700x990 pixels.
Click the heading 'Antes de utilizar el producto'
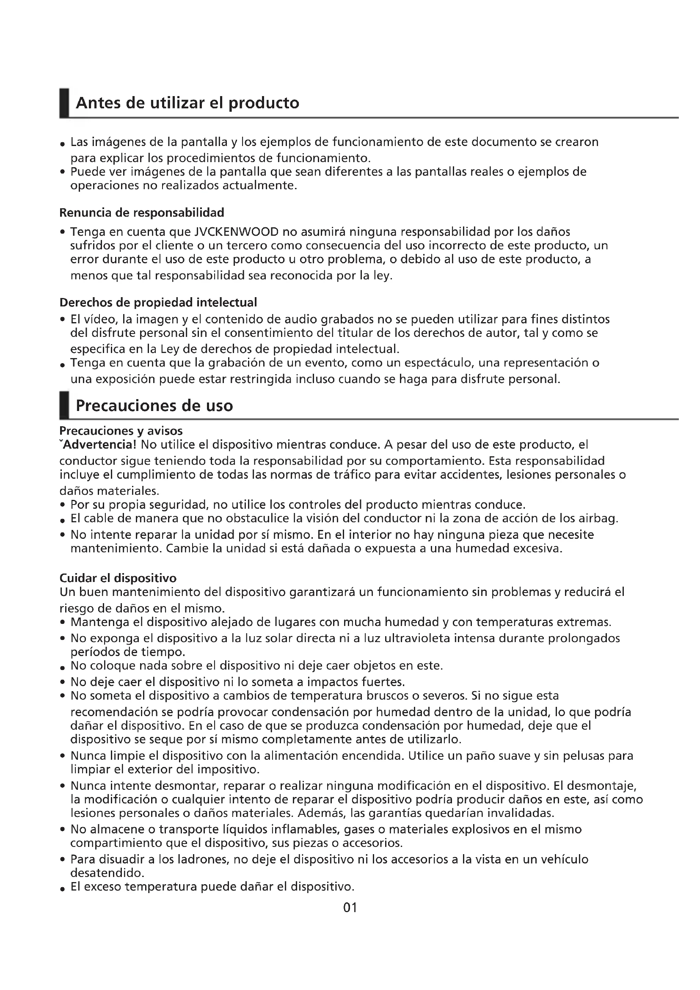point(187,103)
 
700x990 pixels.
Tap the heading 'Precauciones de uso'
point(154,406)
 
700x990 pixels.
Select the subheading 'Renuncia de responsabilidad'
point(142,212)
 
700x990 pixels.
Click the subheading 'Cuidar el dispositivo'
point(118,578)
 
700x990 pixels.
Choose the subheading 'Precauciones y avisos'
point(121,431)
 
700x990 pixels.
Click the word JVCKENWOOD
point(237,232)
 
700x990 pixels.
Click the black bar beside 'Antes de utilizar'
point(64,103)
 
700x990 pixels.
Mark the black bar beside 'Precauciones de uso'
point(64,405)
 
